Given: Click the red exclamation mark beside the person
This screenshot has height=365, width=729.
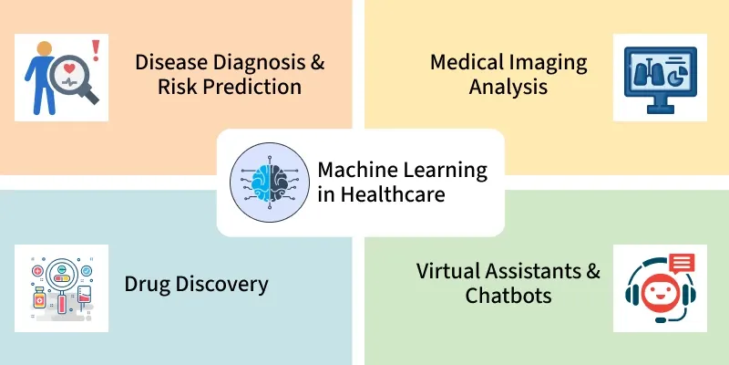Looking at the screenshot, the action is [96, 50].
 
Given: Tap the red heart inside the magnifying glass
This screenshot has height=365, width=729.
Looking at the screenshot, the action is [69, 69].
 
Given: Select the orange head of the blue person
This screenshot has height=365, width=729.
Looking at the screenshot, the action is [44, 48].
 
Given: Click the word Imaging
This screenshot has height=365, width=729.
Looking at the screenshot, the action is [549, 63].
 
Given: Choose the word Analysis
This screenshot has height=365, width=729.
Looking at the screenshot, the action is [508, 87].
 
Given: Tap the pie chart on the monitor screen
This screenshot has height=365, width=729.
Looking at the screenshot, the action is [674, 78].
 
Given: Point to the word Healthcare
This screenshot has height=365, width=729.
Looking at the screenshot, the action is [393, 194].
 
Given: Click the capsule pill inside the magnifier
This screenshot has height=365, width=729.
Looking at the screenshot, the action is [62, 278].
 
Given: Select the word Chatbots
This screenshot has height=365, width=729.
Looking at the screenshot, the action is [508, 296].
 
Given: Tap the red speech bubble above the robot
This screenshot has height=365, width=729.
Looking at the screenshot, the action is [683, 263].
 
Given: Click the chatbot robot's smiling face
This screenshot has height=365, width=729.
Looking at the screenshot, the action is [659, 292].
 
